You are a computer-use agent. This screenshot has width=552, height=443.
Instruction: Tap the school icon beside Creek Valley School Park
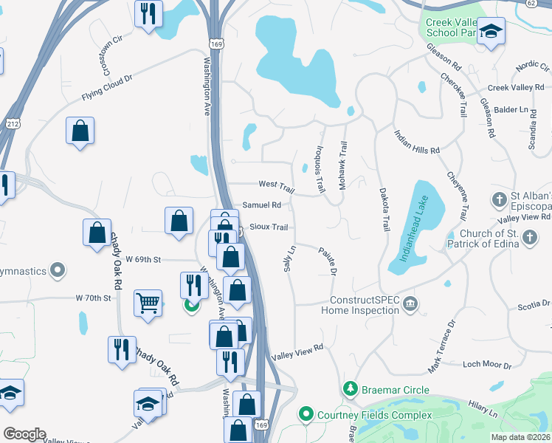[x=490, y=32]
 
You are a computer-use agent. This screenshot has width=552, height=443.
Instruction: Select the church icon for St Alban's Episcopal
[x=500, y=199]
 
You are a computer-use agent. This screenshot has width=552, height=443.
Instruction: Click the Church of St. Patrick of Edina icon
[x=529, y=237]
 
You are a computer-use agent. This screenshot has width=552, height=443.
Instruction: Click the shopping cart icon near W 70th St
[x=148, y=303]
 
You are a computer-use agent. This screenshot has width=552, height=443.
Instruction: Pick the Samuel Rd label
[x=262, y=205]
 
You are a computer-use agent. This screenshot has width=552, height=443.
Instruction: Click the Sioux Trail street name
[x=269, y=227]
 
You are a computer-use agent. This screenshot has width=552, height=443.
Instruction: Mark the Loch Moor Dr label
[x=486, y=365]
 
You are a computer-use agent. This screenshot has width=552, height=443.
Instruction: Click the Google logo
[x=24, y=434]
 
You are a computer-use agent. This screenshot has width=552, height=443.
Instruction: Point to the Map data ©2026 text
[x=521, y=437]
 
